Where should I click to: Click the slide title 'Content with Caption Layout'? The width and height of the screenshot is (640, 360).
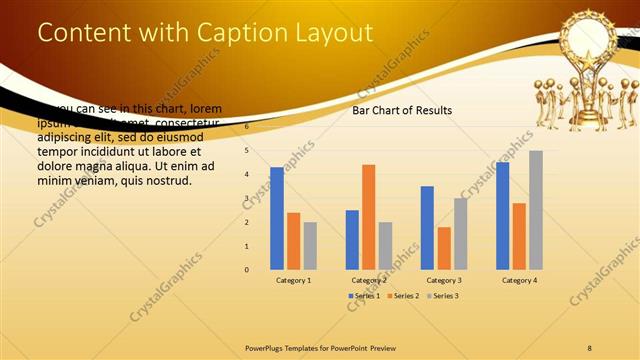(x=205, y=32)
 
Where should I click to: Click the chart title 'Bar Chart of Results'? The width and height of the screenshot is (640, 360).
(x=402, y=110)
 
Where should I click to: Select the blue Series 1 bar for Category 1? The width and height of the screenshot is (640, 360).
(x=277, y=218)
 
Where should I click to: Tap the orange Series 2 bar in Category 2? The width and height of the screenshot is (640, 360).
(x=369, y=217)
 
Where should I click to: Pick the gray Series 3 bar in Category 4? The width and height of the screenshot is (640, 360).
(x=536, y=210)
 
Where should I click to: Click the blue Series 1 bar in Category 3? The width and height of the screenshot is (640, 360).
(x=427, y=228)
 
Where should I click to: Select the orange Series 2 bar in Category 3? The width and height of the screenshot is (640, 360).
(x=444, y=248)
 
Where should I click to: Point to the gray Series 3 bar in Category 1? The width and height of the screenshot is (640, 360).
(x=310, y=245)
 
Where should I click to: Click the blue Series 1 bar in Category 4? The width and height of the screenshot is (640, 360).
(x=502, y=216)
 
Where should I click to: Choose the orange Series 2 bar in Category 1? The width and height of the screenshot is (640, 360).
(x=293, y=241)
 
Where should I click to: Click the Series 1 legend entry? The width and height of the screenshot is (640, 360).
(x=365, y=296)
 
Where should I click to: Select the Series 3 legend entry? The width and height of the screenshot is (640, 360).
(x=442, y=296)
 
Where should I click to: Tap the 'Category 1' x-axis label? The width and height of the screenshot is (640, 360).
(x=293, y=281)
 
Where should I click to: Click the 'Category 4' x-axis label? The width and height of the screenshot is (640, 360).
(x=518, y=281)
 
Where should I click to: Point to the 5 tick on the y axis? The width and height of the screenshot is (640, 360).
(x=247, y=150)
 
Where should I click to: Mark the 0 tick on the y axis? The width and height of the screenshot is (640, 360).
(x=247, y=269)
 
